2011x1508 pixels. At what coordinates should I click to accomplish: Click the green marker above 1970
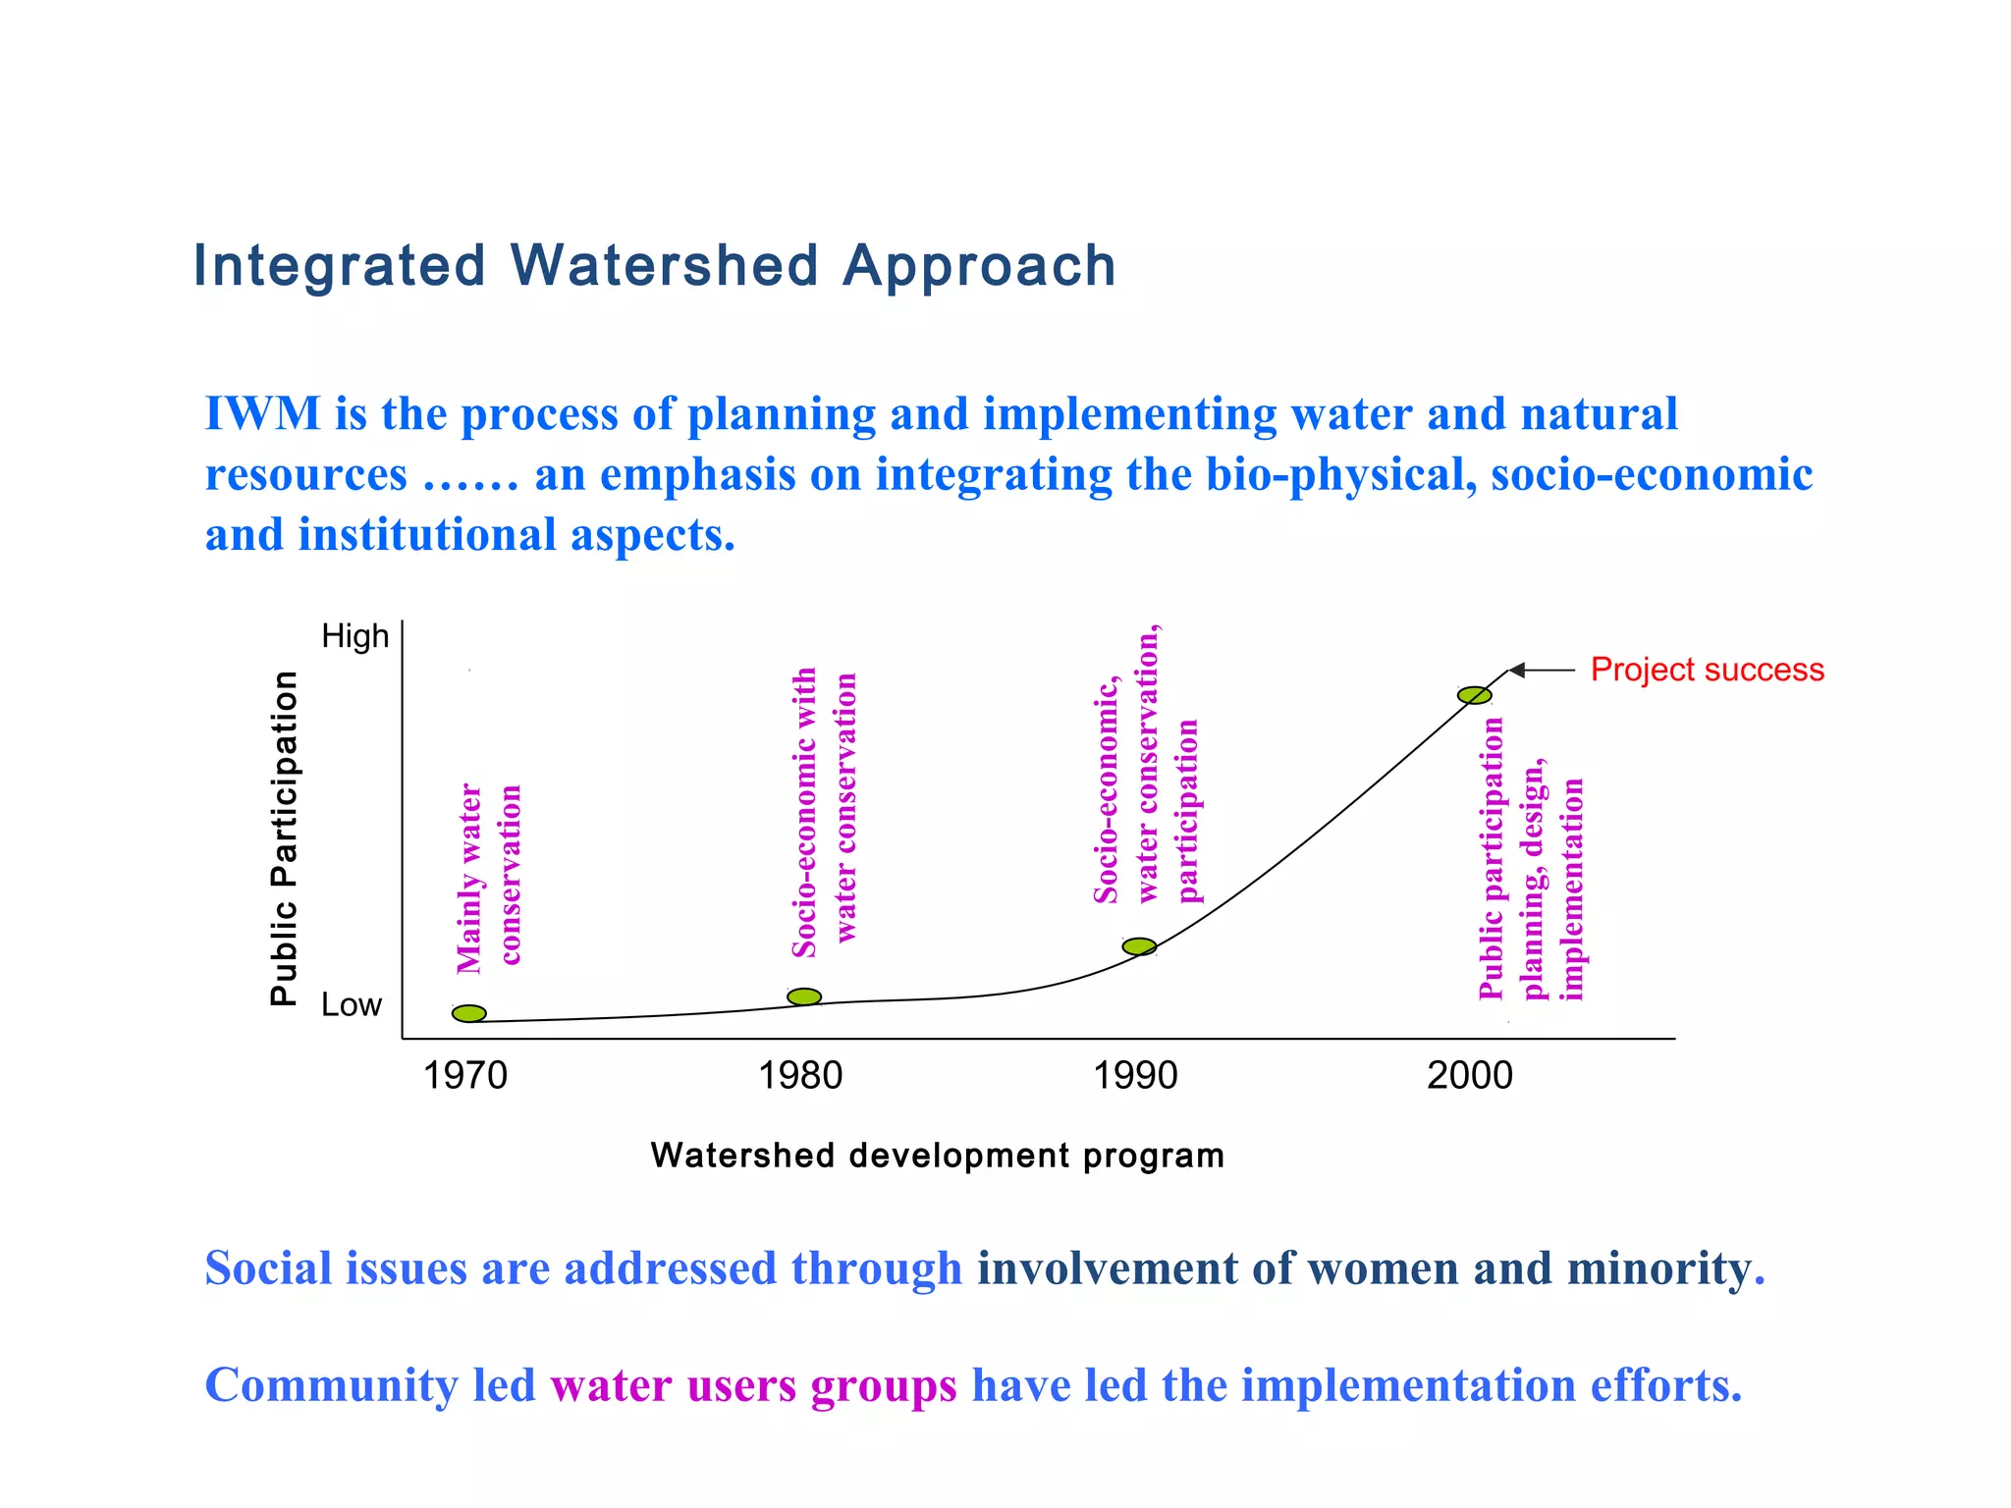[469, 1013]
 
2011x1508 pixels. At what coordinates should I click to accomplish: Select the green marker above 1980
[804, 996]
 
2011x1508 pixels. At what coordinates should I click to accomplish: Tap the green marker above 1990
[1139, 946]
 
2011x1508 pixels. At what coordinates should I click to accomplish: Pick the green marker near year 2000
[1474, 695]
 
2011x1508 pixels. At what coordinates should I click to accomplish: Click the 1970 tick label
[464, 1076]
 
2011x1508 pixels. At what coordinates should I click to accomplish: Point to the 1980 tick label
[800, 1076]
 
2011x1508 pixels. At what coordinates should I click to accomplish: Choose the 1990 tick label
[1135, 1076]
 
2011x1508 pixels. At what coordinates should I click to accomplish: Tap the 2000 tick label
[1470, 1076]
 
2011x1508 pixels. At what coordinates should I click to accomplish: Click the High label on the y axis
[355, 636]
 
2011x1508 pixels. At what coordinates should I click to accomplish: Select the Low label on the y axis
[351, 1005]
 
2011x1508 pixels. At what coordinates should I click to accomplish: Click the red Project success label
[1707, 670]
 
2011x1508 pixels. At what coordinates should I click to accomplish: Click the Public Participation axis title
[284, 837]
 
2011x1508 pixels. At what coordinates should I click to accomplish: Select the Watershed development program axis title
[937, 1156]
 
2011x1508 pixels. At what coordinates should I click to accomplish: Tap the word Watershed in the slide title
[664, 266]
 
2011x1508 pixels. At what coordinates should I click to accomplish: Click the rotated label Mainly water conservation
[488, 877]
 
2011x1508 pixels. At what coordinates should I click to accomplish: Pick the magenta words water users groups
[753, 1385]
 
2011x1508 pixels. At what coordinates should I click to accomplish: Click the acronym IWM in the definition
[262, 413]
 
